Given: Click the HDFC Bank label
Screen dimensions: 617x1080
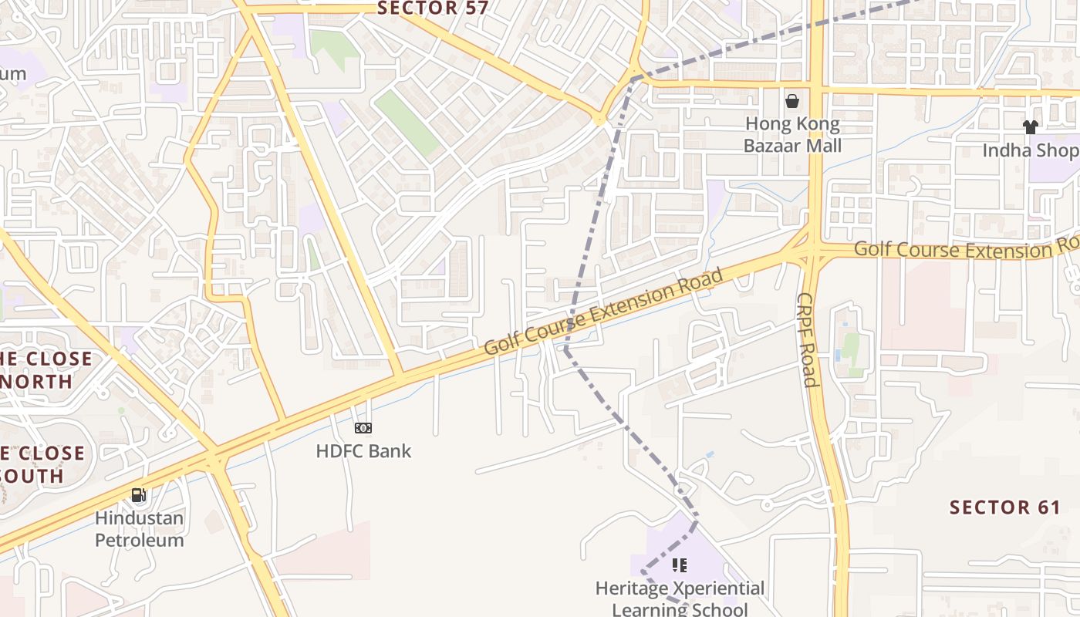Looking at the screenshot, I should [363, 451].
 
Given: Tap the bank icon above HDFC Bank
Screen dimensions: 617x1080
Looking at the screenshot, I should [363, 428].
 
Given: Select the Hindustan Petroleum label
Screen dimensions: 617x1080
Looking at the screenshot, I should [140, 528].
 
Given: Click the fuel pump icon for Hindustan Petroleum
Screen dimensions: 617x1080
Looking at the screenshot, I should [139, 495].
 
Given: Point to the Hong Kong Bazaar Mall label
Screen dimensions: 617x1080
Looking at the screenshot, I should [792, 134].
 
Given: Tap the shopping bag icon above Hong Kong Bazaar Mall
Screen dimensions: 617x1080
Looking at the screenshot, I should [792, 101].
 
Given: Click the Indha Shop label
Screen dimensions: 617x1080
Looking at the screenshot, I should [1030, 150].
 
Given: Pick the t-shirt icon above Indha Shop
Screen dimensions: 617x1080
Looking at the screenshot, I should [1030, 127].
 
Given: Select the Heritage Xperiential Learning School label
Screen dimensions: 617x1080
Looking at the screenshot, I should [680, 598].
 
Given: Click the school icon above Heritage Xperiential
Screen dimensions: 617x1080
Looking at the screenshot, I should [680, 565].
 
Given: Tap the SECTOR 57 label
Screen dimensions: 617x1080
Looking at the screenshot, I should [433, 8].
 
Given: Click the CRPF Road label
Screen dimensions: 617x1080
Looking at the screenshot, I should [807, 339].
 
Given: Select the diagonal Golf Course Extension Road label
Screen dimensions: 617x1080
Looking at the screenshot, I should [605, 312].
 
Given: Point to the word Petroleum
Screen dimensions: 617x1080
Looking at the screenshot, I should [140, 540].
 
